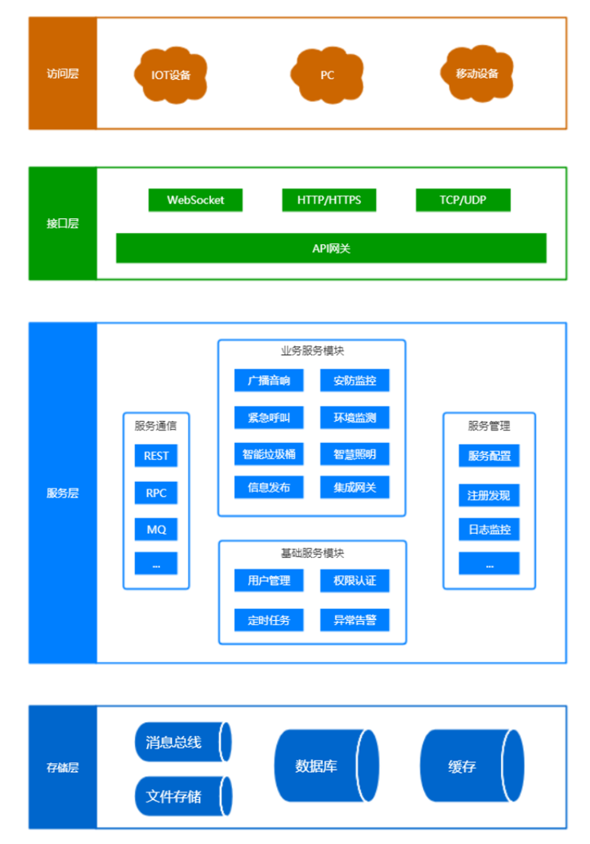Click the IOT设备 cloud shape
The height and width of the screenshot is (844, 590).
click(x=171, y=75)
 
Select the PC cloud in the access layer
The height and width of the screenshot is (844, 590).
click(x=327, y=75)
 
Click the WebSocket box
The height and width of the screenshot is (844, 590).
click(x=195, y=200)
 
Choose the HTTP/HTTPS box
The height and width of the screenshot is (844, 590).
click(x=329, y=200)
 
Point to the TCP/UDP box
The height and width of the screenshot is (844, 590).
click(x=463, y=200)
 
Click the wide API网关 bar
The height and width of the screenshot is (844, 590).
click(x=331, y=248)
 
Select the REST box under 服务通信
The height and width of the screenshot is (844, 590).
click(x=156, y=456)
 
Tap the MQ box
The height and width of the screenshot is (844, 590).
click(x=156, y=529)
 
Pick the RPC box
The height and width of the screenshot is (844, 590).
click(x=156, y=493)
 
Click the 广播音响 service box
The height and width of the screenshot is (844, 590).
click(x=269, y=380)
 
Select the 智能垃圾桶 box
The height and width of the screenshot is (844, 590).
click(x=269, y=453)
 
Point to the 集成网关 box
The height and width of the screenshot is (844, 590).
click(x=355, y=488)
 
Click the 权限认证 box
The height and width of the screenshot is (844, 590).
click(x=355, y=581)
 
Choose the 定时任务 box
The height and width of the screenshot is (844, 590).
click(x=269, y=619)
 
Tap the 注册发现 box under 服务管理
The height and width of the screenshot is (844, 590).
click(x=489, y=495)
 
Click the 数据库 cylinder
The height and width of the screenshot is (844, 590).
click(x=325, y=766)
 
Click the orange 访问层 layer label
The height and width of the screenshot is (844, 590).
click(x=63, y=74)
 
